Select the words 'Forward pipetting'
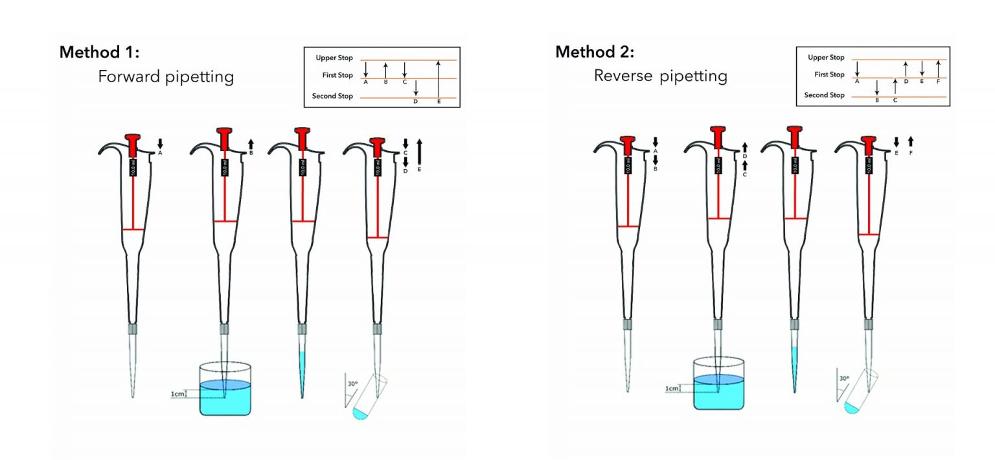click(x=165, y=76)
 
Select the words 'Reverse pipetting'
click(x=660, y=76)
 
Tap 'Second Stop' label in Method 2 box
click(x=824, y=95)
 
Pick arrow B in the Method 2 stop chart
click(x=876, y=88)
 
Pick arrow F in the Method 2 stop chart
click(x=938, y=68)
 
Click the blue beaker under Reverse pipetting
click(x=718, y=388)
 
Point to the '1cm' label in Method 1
click(x=176, y=393)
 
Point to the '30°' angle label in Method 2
click(x=843, y=378)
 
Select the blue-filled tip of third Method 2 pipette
click(x=794, y=369)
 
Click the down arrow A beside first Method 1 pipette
click(x=160, y=143)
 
